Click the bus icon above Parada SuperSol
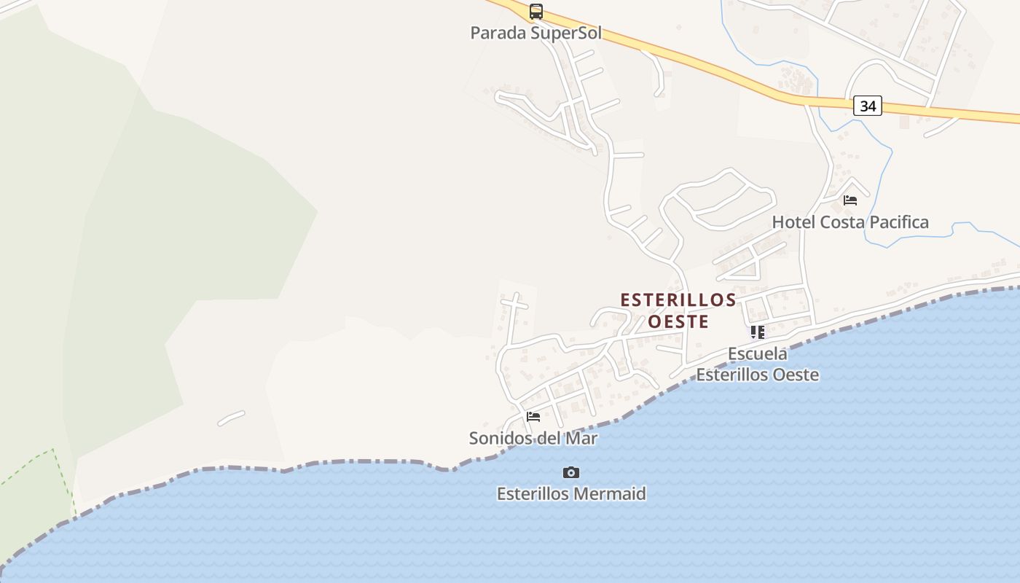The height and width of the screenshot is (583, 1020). click(x=536, y=12)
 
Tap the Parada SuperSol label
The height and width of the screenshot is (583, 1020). click(x=536, y=33)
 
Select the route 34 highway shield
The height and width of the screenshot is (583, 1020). click(x=867, y=106)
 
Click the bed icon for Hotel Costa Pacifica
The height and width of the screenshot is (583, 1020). click(x=850, y=200)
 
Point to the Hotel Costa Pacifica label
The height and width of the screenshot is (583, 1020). click(x=850, y=222)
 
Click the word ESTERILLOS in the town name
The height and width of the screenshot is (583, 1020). click(x=678, y=300)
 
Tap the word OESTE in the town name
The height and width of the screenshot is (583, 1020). click(x=678, y=321)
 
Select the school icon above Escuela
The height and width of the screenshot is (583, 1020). click(x=758, y=332)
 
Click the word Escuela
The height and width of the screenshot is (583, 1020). click(x=758, y=354)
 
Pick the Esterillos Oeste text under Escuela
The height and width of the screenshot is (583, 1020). click(x=758, y=375)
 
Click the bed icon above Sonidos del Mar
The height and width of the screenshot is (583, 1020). click(x=533, y=417)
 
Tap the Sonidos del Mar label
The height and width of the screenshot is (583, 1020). click(x=533, y=439)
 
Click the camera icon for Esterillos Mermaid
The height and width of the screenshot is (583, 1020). click(x=571, y=473)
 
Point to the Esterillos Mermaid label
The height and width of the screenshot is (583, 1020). click(x=571, y=494)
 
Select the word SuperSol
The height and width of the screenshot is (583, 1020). click(x=566, y=33)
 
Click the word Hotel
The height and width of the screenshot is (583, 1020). click(x=793, y=222)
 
